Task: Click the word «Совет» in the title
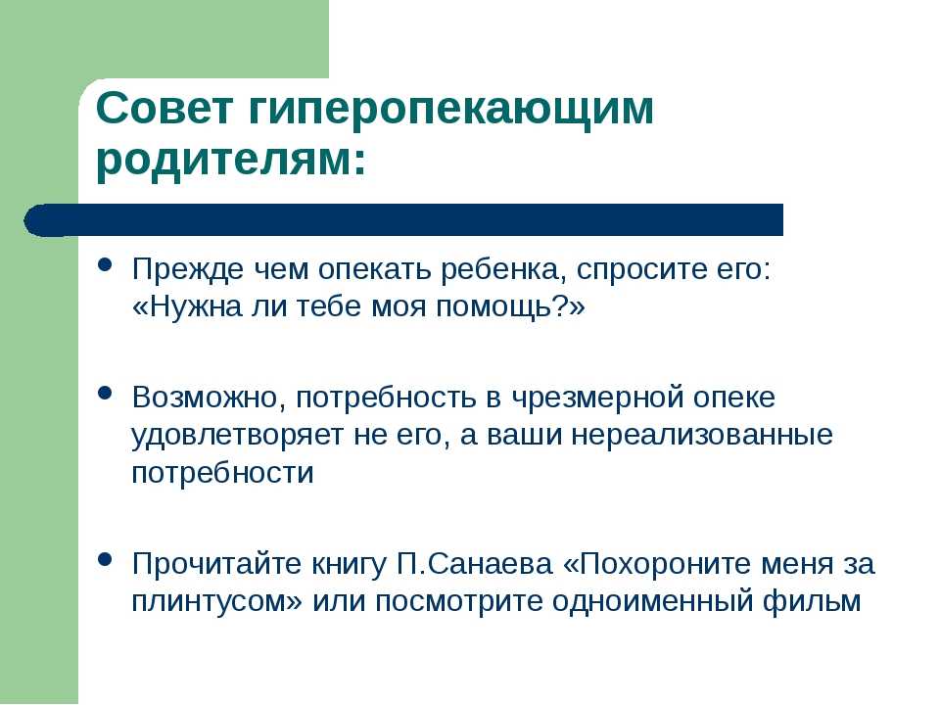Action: (164, 108)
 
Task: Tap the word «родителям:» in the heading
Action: (231, 162)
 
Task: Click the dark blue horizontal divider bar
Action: (403, 219)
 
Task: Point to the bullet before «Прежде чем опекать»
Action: (105, 265)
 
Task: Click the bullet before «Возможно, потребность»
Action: (105, 394)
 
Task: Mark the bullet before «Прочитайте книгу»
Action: (105, 559)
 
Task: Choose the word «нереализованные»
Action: (702, 436)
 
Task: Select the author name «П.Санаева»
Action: (474, 565)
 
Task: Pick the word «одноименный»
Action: (652, 602)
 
